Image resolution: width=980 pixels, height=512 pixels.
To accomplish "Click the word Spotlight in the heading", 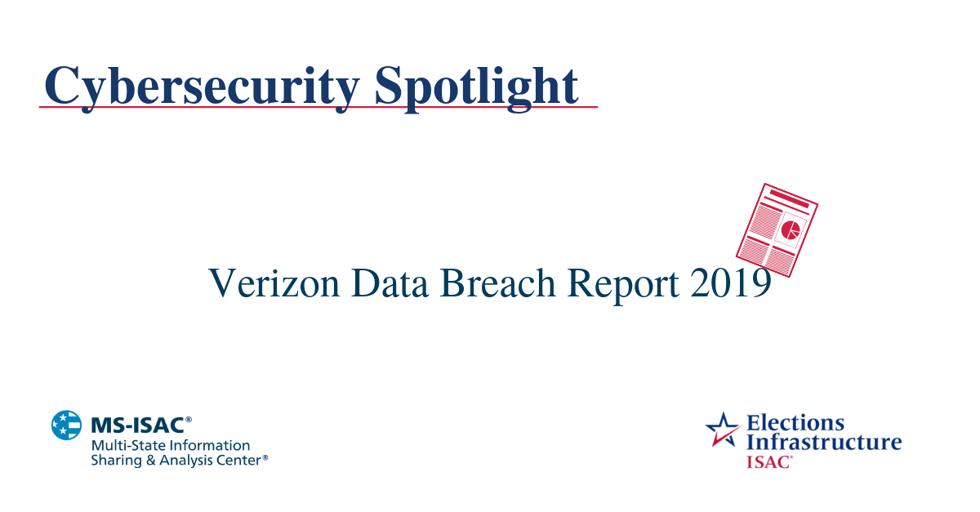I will point(477,85).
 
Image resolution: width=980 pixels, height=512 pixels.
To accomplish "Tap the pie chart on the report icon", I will point(791,229).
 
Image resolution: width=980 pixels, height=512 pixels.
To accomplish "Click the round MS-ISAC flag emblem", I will point(67,425).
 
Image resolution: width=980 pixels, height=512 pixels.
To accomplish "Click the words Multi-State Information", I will point(170,446).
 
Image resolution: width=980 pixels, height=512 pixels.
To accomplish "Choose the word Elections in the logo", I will point(795,423).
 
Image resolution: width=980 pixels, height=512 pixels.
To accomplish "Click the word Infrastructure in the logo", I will point(824,443).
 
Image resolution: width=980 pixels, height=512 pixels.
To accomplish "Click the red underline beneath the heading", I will point(318,107).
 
